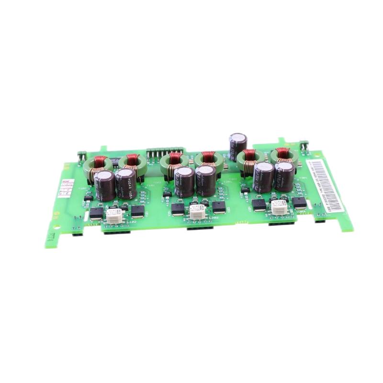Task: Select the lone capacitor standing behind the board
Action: tap(238, 145)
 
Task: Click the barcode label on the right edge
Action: tap(325, 184)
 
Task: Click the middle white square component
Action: tap(195, 211)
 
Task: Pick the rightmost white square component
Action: tap(278, 207)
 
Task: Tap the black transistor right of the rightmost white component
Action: tap(300, 203)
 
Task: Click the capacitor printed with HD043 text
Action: tap(126, 182)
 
